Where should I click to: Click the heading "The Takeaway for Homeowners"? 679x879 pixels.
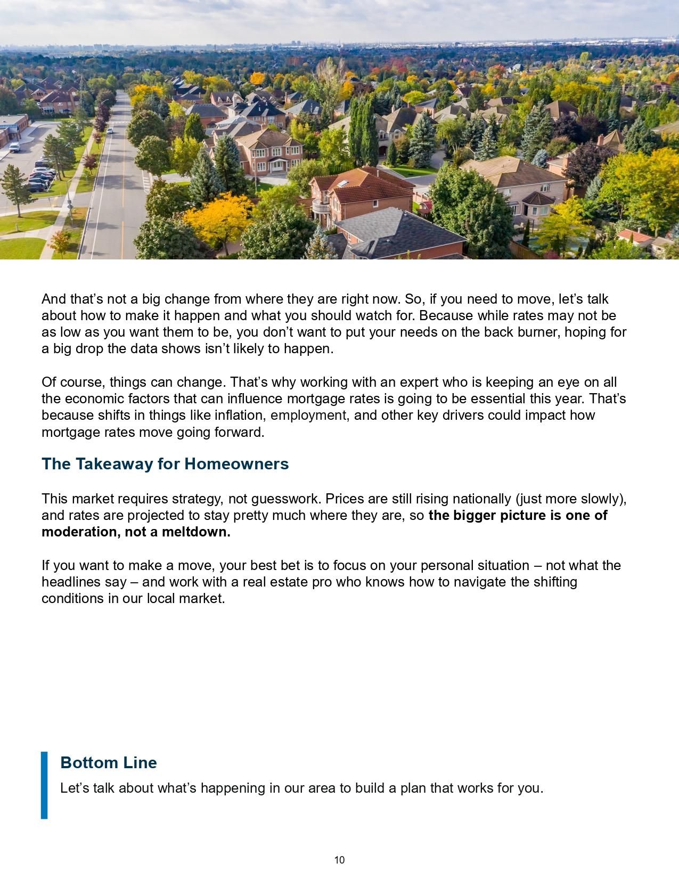165,464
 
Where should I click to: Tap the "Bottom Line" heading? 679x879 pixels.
109,762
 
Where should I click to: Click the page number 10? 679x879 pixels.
339,860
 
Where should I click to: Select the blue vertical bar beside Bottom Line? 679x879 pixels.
44,785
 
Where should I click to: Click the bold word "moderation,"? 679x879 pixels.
81,532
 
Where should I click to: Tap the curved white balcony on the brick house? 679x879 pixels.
322,205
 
